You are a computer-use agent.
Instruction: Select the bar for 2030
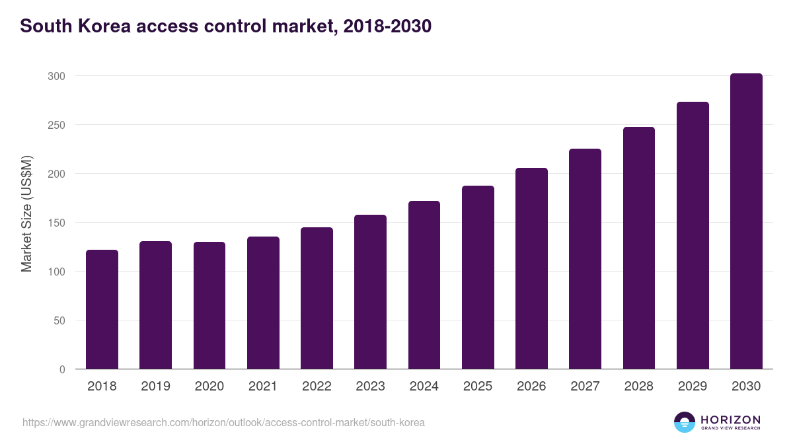(x=746, y=221)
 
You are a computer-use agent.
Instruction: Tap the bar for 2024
(x=424, y=285)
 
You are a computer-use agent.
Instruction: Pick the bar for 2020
(x=209, y=305)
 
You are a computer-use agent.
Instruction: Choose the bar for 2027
(x=585, y=259)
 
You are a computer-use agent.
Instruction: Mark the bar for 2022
(x=317, y=298)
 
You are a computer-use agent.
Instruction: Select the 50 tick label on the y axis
(x=59, y=320)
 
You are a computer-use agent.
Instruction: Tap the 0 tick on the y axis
(x=62, y=369)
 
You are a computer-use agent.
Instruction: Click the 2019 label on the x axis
(x=155, y=387)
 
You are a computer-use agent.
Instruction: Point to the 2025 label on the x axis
(x=478, y=387)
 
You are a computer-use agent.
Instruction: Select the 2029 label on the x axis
(x=693, y=387)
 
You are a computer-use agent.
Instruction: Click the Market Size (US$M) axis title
(x=26, y=213)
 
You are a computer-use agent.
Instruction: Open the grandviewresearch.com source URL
(x=223, y=422)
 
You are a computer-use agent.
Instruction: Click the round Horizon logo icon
(x=684, y=422)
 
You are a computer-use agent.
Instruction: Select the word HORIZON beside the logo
(x=730, y=419)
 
